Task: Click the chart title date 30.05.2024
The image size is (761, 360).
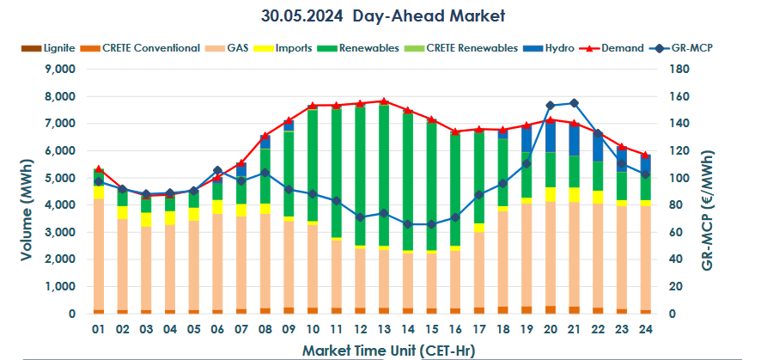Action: pos(304,15)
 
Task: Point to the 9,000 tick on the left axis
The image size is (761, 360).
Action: pos(61,70)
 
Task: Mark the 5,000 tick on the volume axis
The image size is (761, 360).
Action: pos(61,179)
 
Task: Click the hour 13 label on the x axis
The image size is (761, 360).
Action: pos(384,330)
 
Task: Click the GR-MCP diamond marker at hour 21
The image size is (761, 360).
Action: pos(574,103)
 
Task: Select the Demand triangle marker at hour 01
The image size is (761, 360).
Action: pos(98,169)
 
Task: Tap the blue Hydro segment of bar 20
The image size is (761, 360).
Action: pos(550,137)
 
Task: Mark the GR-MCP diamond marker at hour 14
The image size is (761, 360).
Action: pos(408,224)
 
